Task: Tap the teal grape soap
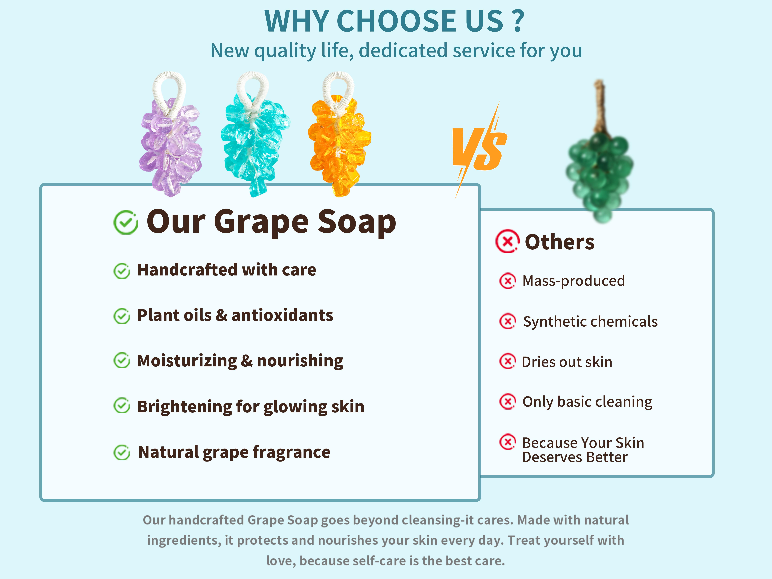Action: coord(255,143)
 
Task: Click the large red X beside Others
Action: coord(507,241)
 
